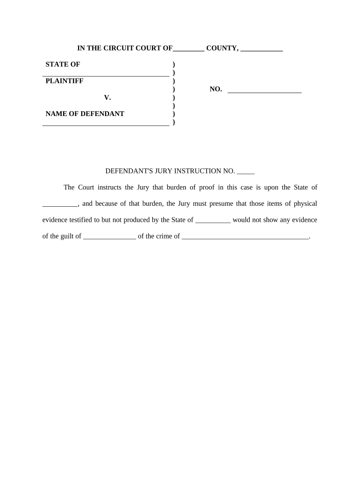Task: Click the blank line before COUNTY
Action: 188,50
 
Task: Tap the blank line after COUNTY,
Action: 262,50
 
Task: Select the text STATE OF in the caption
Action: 63,65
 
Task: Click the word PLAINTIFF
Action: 65,81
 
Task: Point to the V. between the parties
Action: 108,98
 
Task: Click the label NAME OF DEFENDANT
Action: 85,114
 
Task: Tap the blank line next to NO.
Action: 265,92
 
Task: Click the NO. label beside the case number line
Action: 216,89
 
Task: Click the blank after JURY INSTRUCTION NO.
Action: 246,173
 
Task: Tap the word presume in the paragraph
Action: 220,203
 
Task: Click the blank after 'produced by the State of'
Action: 213,222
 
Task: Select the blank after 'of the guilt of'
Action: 109,238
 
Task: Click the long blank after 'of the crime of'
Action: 245,238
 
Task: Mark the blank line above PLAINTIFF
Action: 106,74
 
